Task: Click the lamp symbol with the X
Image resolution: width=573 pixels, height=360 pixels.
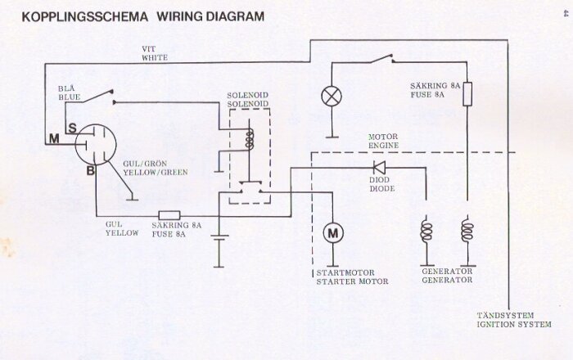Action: coord(332,97)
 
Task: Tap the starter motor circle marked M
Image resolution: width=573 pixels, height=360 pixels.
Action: coord(333,232)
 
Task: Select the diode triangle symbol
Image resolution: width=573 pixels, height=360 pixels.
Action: coord(379,168)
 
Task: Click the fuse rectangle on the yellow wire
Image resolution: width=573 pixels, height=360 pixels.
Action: coord(169,215)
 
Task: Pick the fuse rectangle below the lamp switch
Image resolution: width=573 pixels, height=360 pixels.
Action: coord(467,94)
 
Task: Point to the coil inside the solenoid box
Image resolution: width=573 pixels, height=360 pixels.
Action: coord(250,139)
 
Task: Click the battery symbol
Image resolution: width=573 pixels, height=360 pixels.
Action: coord(219,238)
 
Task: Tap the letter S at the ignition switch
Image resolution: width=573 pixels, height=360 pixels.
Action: coord(72,128)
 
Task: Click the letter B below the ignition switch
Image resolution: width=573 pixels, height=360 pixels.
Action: coord(90,170)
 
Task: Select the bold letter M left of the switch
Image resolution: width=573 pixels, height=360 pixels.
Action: coord(54,138)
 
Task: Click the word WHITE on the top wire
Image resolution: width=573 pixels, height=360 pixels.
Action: coord(155,58)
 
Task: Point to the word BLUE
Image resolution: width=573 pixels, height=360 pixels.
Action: coord(69,97)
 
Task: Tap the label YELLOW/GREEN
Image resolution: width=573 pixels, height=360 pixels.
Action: coord(156,173)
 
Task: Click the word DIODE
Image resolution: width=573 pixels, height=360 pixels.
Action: coord(382,189)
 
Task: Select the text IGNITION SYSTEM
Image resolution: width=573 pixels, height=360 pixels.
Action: coord(514,324)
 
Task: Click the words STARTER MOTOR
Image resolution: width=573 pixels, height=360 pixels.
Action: coord(352,281)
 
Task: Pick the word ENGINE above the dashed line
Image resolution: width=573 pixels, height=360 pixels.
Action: coord(383,146)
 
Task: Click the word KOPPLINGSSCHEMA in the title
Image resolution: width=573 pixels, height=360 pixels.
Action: coord(85,17)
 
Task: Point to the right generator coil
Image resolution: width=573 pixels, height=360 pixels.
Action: coord(467,230)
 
